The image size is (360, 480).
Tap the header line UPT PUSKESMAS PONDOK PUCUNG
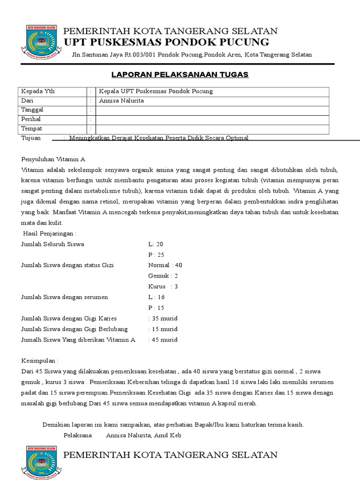[166, 43]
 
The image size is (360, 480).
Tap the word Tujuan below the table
[31, 138]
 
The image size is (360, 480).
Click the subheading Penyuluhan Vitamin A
[53, 159]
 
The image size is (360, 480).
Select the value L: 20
[156, 244]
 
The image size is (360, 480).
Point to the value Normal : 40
[165, 265]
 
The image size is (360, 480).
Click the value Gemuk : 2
[163, 276]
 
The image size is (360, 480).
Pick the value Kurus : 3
[163, 286]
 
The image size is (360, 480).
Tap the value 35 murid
[165, 318]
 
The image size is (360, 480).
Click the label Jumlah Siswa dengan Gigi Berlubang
[75, 329]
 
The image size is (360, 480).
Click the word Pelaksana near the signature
[78, 435]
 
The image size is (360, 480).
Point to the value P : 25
[156, 255]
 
